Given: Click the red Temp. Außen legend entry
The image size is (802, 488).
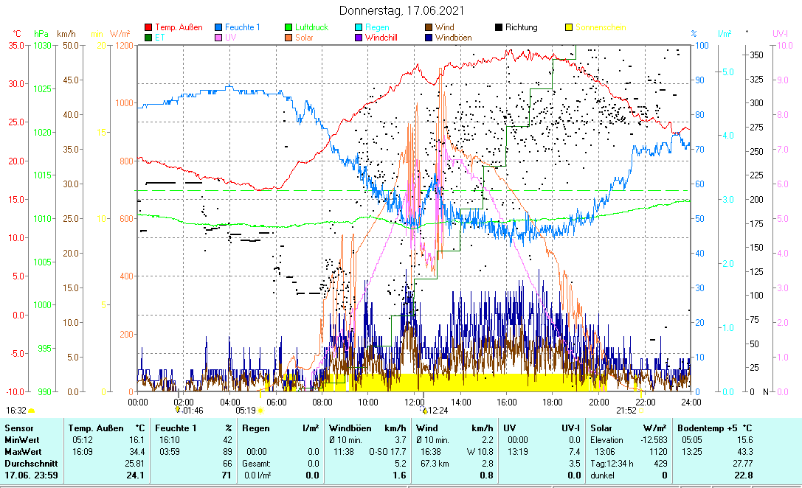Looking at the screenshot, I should (179, 27).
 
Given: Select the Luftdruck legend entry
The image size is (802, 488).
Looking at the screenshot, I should (311, 27).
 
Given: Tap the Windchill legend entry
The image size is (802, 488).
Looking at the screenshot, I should (387, 37).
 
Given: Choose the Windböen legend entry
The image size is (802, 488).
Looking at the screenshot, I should (454, 37).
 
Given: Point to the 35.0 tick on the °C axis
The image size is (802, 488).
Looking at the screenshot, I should (15, 45).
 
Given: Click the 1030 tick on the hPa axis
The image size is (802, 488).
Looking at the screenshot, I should (44, 45).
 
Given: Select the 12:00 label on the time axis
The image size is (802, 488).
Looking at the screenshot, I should (415, 402).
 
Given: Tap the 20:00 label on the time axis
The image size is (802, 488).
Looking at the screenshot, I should (599, 402).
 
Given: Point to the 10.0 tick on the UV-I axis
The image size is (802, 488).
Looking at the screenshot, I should (783, 45).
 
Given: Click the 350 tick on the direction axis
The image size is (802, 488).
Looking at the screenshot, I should (756, 55).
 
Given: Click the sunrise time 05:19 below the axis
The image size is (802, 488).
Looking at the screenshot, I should (246, 410).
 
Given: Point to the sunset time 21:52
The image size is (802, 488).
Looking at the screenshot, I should (626, 410).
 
